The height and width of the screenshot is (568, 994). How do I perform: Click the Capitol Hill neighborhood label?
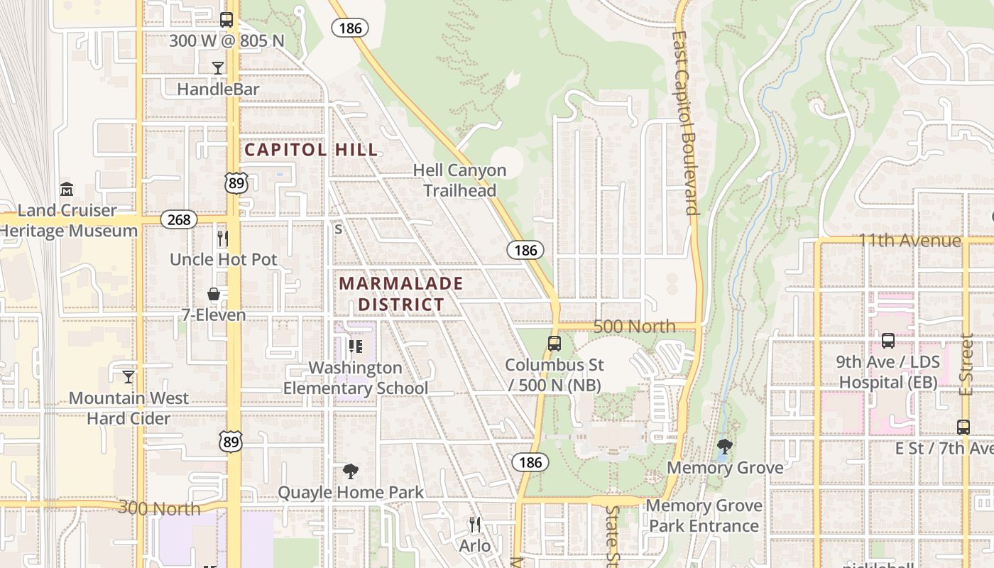pos(311,150)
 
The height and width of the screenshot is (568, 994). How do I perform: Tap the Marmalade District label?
pos(401,294)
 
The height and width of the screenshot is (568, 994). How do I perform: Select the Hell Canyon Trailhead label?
pos(460,180)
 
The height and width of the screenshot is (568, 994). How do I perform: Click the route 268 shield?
pos(179,219)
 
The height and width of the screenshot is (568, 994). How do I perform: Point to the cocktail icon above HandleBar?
pos(218,68)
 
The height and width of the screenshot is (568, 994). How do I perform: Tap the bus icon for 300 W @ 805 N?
pos(226,20)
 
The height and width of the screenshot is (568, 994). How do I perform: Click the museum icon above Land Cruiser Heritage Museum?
pos(67,190)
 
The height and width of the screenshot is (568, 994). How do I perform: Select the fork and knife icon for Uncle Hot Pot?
pos(223,238)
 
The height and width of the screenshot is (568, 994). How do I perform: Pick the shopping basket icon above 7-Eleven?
pos(214,294)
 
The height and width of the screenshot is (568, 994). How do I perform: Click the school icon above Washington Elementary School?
pos(356,346)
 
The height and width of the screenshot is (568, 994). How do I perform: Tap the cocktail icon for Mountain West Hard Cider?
pos(129,376)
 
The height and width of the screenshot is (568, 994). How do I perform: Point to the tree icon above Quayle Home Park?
pos(350,471)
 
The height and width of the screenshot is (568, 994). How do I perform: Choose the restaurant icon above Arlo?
pos(475,525)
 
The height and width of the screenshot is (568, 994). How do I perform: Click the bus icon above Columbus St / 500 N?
pos(555,344)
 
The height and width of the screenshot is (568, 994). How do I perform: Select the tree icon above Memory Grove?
pos(725,447)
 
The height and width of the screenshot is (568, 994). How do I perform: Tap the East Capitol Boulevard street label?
pos(685,122)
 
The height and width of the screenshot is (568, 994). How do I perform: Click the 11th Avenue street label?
pos(910,241)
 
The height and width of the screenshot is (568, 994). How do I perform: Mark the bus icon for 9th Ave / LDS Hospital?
pos(887,341)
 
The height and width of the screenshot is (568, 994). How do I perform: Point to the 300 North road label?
pos(159,508)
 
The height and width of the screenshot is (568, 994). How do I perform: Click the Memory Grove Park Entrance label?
pos(704,515)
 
